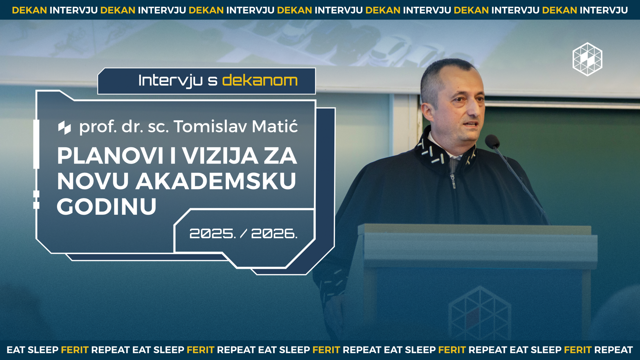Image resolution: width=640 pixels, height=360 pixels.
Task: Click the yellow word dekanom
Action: [260, 80]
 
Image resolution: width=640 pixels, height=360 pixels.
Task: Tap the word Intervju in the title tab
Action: [170, 81]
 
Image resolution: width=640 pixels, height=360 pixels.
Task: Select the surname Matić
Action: [275, 126]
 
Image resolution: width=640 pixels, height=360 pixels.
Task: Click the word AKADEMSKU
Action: [216, 181]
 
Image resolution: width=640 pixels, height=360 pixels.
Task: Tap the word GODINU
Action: [107, 206]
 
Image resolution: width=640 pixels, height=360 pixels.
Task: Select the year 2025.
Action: [212, 234]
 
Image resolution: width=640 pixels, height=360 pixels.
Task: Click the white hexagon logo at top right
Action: [588, 59]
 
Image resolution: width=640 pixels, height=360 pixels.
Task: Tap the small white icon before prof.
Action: [64, 128]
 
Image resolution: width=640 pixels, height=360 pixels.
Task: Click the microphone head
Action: [492, 141]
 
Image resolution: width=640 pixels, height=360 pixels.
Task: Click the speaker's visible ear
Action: [427, 112]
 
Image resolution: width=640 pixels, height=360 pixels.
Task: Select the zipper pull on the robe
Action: [453, 181]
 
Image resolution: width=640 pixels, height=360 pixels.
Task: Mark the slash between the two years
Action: [244, 234]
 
